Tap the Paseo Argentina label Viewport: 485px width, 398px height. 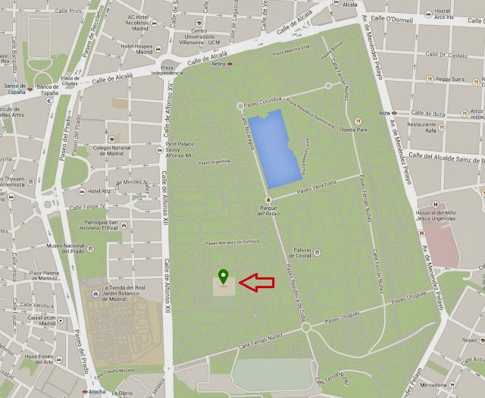pos(213,161)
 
